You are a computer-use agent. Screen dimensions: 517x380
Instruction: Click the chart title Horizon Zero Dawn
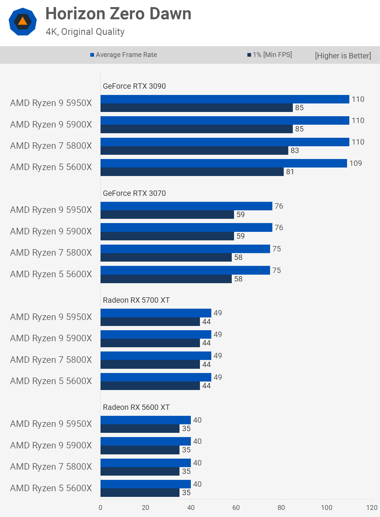118,14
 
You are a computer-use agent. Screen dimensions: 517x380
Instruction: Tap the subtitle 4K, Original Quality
85,32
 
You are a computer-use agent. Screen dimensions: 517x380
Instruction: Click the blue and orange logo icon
23,22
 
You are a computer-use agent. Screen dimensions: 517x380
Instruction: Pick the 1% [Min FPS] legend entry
270,55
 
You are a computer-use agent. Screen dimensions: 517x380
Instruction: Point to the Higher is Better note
343,56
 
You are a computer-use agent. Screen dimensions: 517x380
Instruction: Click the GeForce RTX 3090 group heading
134,86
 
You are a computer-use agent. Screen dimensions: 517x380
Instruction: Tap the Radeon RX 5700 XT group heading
136,300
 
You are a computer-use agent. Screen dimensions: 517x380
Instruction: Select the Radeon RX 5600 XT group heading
136,407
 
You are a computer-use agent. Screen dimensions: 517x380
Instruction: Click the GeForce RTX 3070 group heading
134,193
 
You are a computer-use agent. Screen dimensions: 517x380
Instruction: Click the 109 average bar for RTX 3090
224,163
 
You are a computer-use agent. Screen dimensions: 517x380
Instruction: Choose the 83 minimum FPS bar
194,151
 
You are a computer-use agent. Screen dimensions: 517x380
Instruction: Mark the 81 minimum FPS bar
192,172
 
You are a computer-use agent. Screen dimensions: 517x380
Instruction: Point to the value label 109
356,163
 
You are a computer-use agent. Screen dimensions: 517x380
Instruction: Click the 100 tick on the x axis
327,508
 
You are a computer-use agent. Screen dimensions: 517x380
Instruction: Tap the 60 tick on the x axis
236,508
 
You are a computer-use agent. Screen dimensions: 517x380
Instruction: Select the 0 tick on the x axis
101,508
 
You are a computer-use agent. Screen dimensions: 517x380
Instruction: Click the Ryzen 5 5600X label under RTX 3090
51,167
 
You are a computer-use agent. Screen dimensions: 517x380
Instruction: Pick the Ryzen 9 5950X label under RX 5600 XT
51,424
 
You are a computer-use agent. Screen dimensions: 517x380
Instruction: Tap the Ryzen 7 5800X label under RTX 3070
51,253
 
